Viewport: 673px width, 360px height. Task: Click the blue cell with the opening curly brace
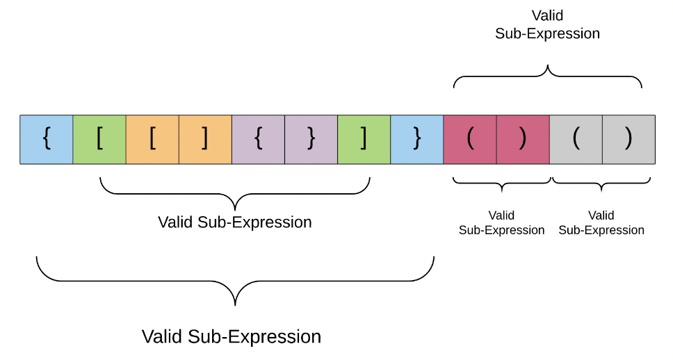point(47,140)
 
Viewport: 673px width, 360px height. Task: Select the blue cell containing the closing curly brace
point(416,140)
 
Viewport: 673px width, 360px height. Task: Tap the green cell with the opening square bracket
point(99,140)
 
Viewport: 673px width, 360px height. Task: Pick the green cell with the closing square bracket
point(364,140)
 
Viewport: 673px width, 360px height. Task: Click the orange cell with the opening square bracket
point(152,140)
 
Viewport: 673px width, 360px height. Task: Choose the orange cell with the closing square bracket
point(205,140)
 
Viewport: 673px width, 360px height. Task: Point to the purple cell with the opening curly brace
point(259,140)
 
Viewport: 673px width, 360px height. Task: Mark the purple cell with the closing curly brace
point(311,140)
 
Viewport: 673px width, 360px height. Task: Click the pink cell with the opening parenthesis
point(470,140)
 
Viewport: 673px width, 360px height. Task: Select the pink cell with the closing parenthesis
point(523,140)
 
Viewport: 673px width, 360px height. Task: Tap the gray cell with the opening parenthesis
point(576,140)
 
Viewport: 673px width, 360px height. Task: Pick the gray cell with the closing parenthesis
point(629,140)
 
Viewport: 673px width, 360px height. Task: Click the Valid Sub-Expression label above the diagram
point(547,24)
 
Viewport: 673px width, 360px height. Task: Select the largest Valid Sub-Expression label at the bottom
point(232,336)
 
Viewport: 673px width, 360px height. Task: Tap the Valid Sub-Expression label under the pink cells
point(502,222)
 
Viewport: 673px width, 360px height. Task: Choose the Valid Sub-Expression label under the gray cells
point(601,222)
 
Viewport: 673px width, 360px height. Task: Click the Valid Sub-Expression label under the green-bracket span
point(235,222)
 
